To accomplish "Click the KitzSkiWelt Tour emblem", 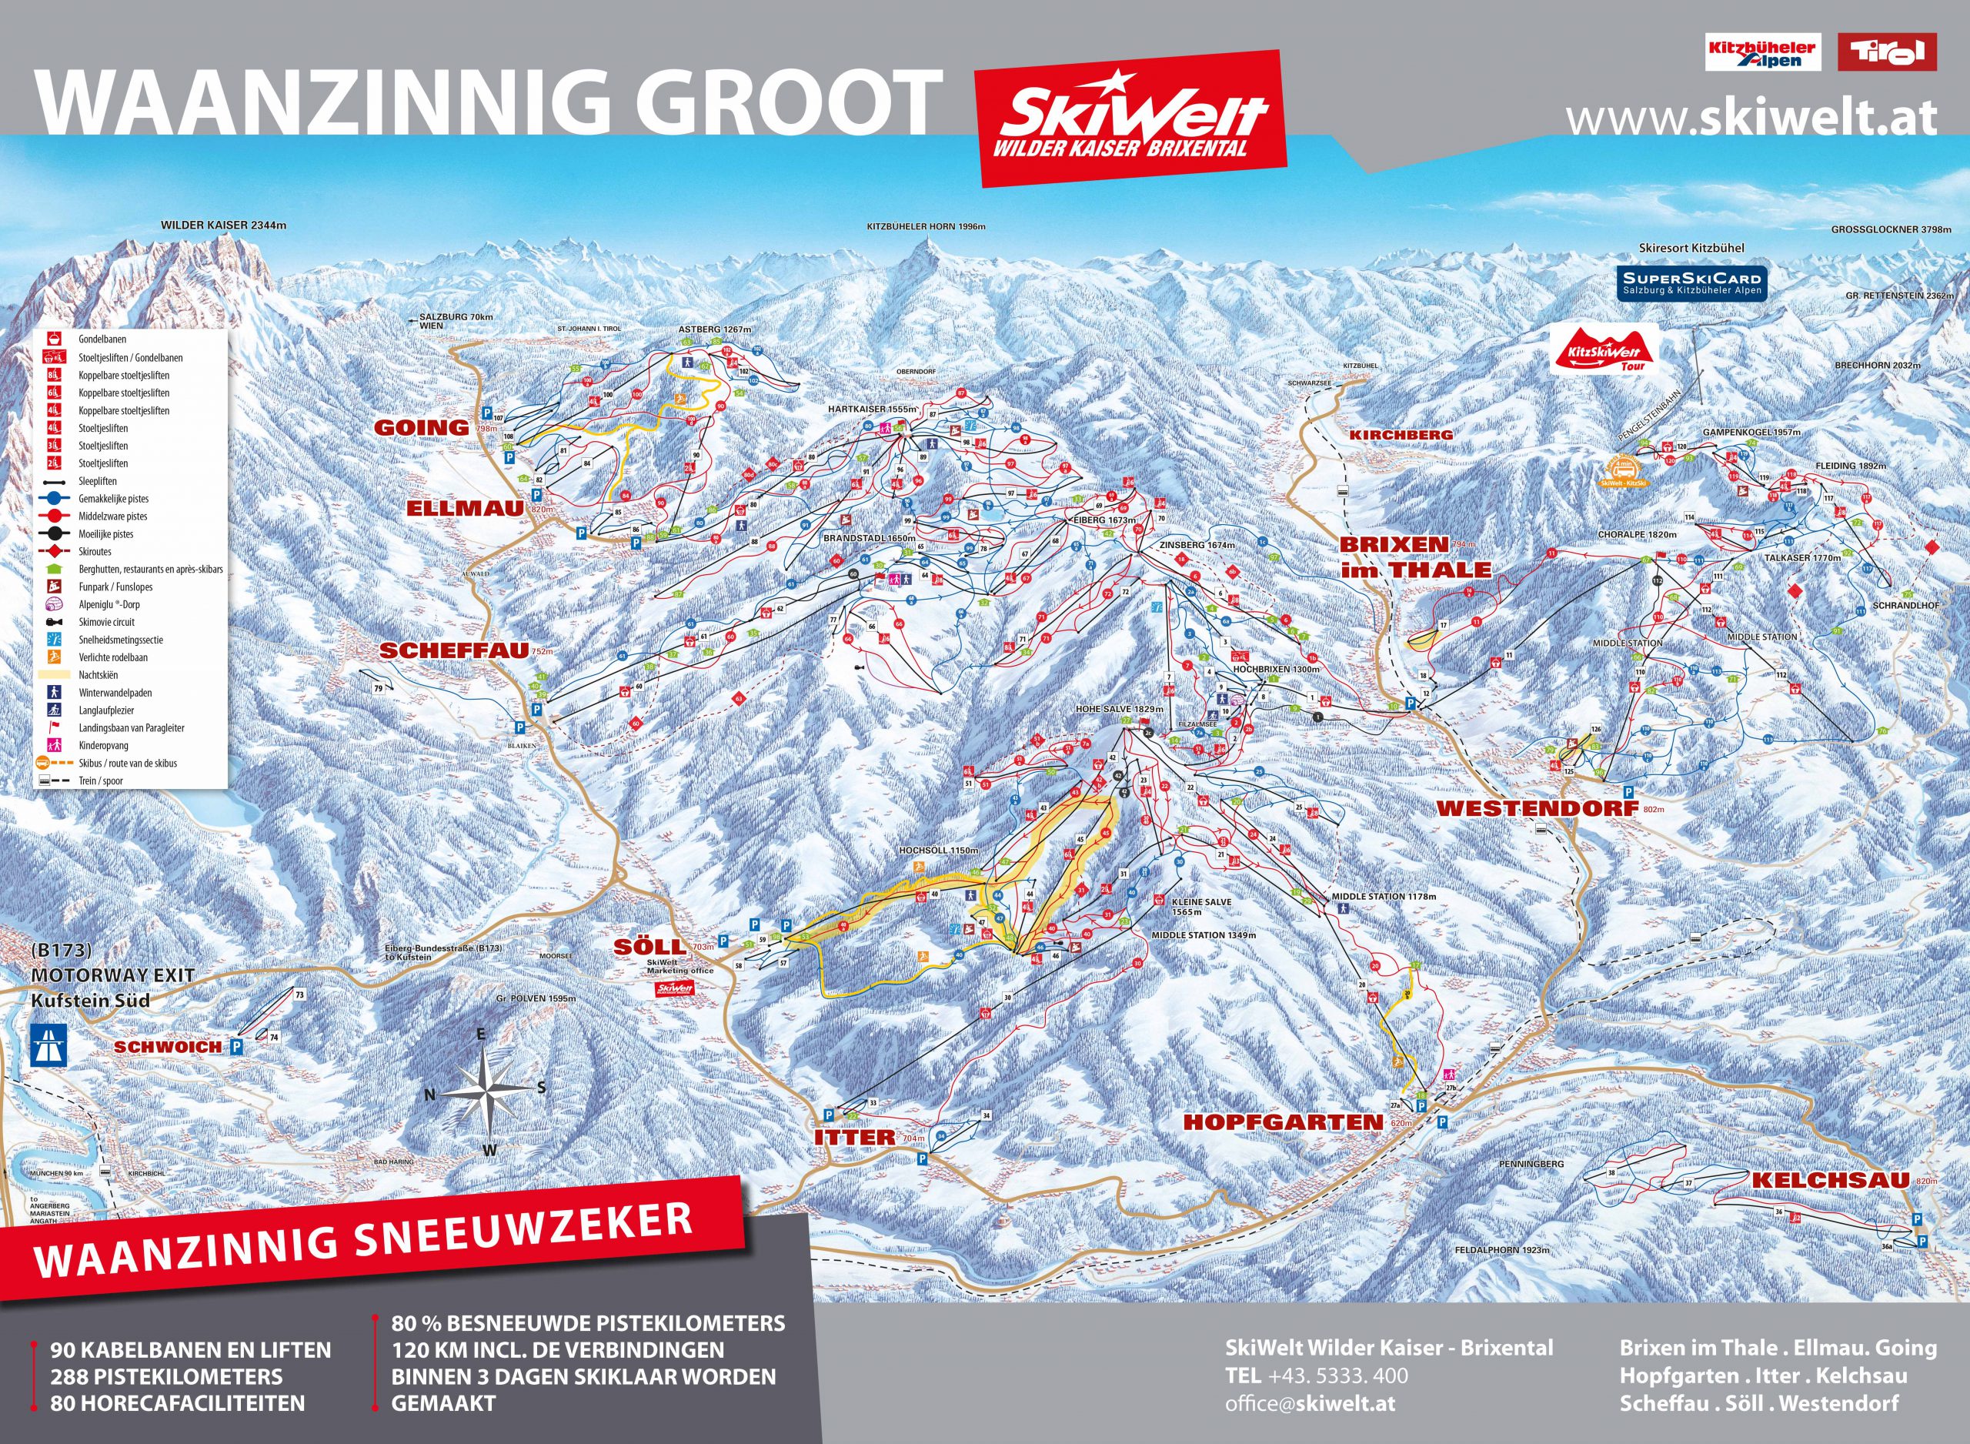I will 1607,349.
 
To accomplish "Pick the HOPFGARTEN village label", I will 1284,1122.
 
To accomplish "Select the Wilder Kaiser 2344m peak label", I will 224,226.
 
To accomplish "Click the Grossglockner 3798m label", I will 1892,229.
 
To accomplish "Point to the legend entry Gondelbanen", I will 102,339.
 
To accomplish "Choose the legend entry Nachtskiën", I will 98,675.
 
